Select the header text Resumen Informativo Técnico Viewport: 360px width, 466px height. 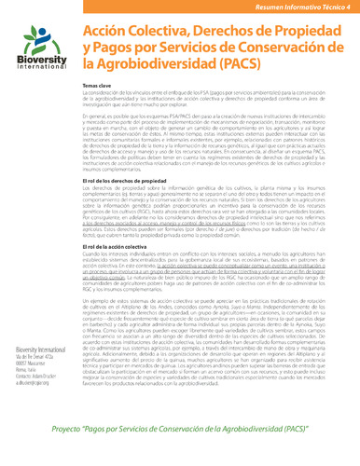(x=293, y=7)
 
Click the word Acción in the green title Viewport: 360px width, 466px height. (x=107, y=32)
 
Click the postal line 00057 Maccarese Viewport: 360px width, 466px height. (x=31, y=363)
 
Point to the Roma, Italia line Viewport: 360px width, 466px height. (x=24, y=370)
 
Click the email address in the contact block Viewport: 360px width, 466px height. (x=34, y=383)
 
